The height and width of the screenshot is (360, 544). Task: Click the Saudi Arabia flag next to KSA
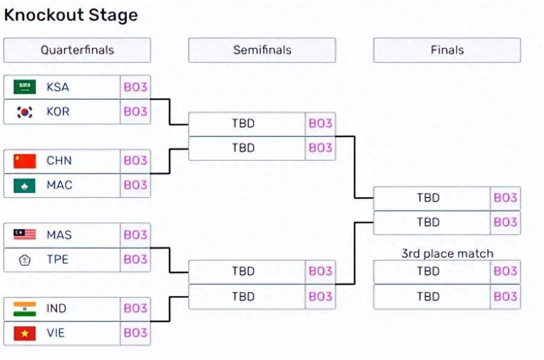(x=25, y=87)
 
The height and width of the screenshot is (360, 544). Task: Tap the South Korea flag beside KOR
(x=25, y=112)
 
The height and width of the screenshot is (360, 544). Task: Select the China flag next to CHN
(x=25, y=161)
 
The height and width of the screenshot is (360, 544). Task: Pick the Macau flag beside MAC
(x=25, y=185)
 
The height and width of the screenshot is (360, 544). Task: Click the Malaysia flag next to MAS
(x=25, y=235)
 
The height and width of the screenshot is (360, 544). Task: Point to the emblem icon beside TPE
(x=25, y=260)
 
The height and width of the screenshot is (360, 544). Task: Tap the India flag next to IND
(x=25, y=309)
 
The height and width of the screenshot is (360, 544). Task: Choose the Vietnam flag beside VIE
(x=25, y=333)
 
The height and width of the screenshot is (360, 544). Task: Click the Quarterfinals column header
(x=77, y=50)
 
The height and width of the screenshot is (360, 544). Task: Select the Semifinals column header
(x=262, y=50)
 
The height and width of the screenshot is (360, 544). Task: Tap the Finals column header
(x=447, y=50)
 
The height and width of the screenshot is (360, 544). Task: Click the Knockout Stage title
(x=71, y=15)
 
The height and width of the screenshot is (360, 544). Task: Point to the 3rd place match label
(x=447, y=254)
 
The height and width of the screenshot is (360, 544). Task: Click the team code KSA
(x=57, y=87)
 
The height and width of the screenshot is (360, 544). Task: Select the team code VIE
(x=56, y=333)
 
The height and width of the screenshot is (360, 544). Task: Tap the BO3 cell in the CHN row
(x=135, y=161)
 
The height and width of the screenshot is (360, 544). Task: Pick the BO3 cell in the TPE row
(x=135, y=259)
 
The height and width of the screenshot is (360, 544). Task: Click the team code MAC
(x=59, y=185)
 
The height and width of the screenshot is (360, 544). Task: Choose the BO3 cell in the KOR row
(x=135, y=112)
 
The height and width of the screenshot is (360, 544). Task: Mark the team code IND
(x=56, y=308)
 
